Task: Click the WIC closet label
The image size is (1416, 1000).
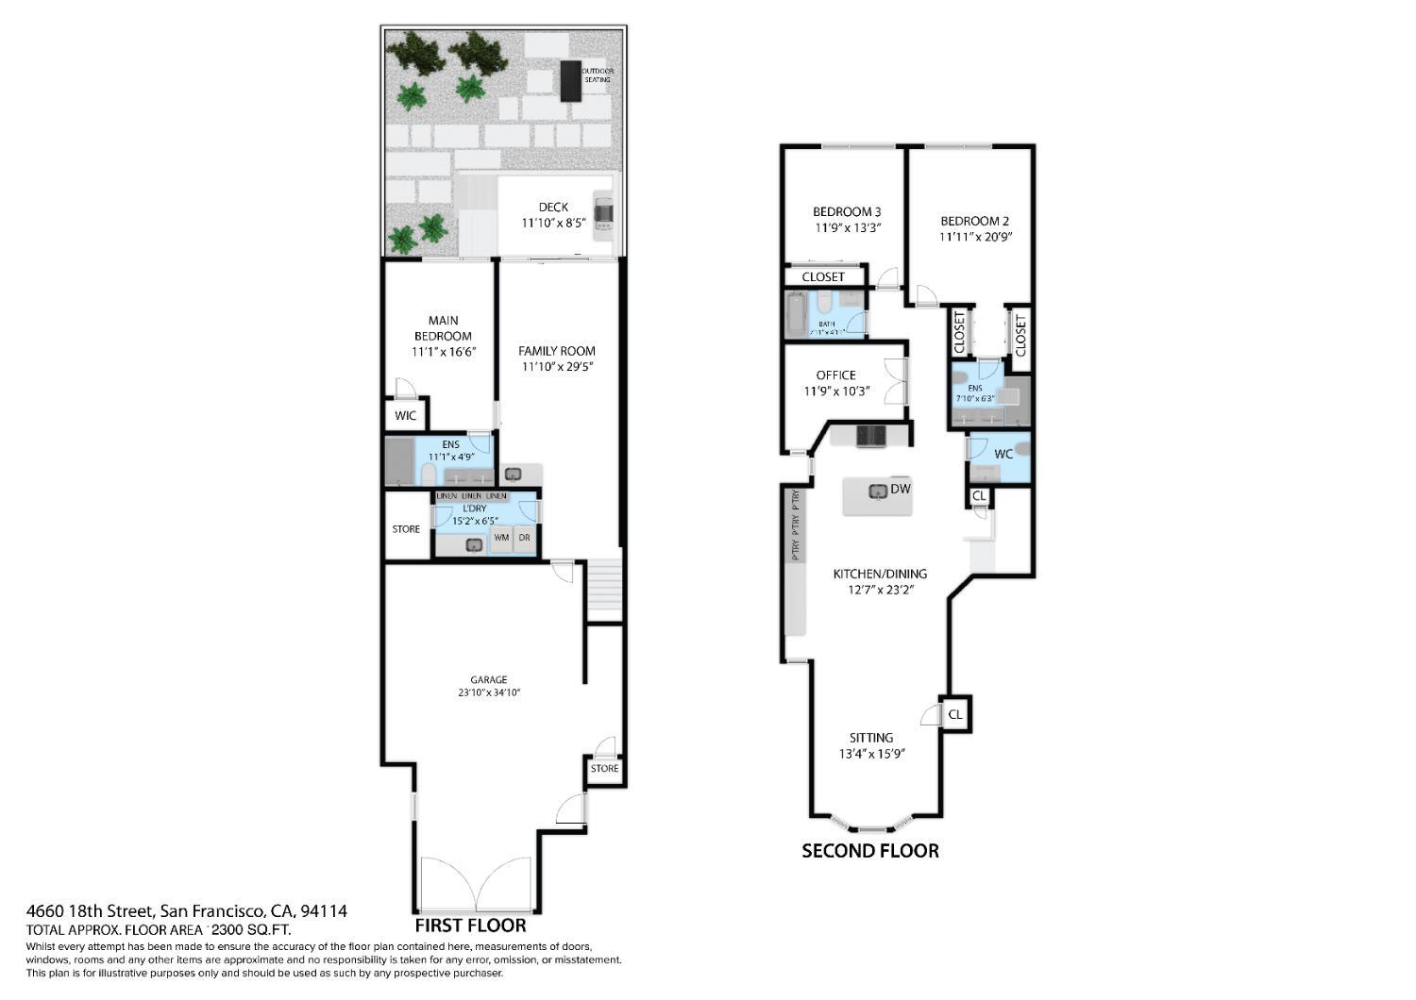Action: [405, 416]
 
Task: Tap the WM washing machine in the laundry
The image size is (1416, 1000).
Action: [501, 538]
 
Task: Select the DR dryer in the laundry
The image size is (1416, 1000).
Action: [525, 538]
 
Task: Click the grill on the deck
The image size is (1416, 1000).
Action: [603, 212]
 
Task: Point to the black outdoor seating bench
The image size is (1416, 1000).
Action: [570, 81]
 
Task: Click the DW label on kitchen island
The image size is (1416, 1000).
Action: [900, 489]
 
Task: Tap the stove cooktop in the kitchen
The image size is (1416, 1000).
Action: [870, 435]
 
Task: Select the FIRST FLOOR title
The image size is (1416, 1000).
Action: [470, 925]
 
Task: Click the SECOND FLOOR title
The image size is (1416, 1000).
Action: [869, 851]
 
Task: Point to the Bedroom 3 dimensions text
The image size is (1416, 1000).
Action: [848, 227]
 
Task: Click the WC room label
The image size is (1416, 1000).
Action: [1003, 454]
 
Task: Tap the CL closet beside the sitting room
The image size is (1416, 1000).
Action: [955, 714]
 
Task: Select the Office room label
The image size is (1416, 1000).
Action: [835, 375]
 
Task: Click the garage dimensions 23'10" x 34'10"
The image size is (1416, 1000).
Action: [489, 692]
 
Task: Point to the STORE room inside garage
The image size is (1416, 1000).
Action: [604, 769]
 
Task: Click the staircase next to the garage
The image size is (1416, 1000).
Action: [604, 590]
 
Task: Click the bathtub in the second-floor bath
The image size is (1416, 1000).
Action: [798, 315]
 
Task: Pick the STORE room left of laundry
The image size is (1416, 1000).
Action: [406, 529]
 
